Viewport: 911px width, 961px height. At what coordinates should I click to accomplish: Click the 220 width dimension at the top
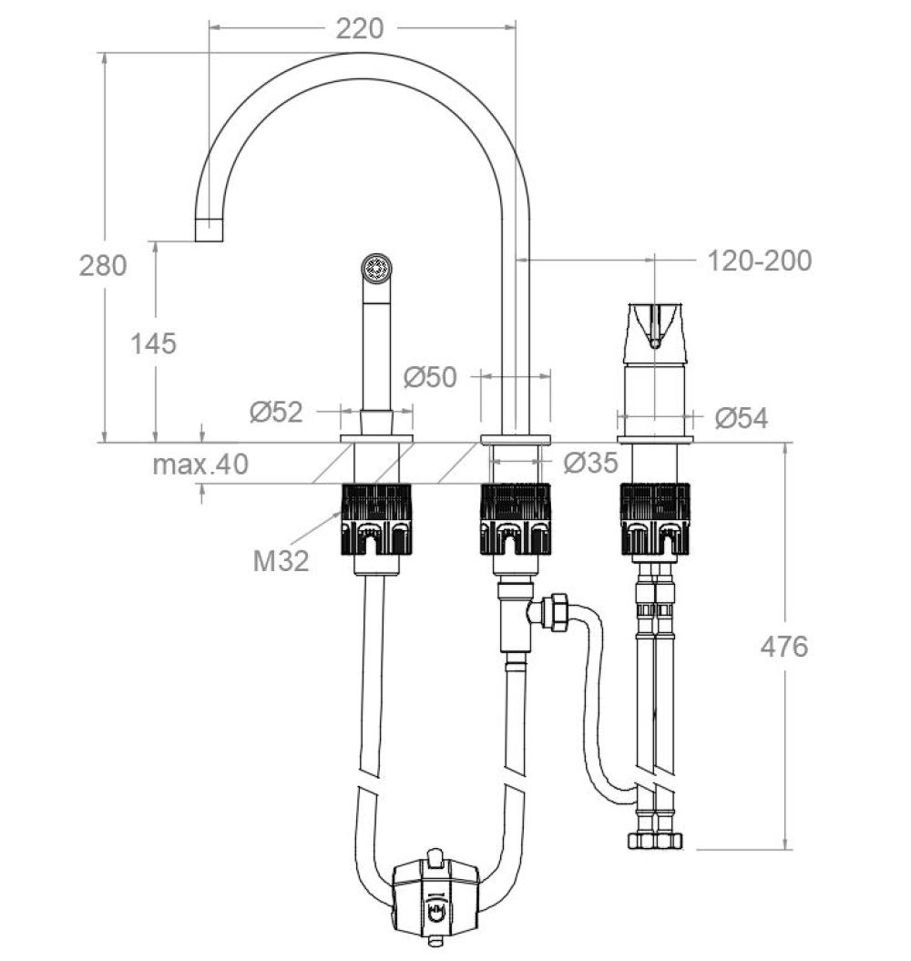click(359, 29)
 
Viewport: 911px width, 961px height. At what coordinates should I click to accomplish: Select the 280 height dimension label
click(103, 266)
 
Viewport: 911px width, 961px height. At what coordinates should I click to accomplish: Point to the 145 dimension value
click(153, 343)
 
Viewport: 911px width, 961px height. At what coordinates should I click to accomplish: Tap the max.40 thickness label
click(200, 465)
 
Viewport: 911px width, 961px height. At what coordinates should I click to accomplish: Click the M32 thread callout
click(281, 560)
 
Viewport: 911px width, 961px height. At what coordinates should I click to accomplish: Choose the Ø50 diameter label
click(430, 377)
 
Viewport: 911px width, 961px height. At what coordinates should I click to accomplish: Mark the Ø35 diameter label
click(590, 464)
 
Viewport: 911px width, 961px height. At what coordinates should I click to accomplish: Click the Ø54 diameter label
click(741, 418)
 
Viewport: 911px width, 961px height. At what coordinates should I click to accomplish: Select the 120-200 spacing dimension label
click(760, 261)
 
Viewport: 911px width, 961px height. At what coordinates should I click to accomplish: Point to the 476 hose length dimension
click(783, 646)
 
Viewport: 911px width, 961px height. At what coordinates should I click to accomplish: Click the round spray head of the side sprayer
click(376, 270)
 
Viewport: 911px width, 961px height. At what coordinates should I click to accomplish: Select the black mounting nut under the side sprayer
click(376, 520)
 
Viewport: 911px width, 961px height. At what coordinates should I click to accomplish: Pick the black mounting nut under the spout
click(516, 520)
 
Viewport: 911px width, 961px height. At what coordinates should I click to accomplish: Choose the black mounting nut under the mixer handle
click(654, 520)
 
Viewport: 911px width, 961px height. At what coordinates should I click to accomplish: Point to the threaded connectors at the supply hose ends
click(654, 838)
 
